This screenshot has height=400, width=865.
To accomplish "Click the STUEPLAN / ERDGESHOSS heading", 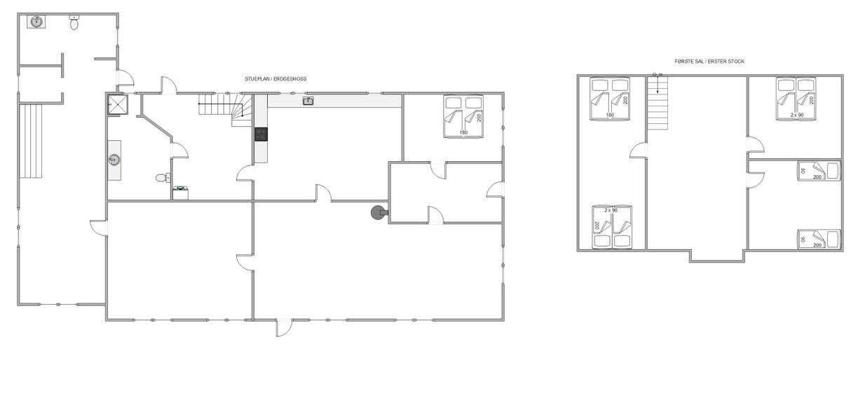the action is (275, 78).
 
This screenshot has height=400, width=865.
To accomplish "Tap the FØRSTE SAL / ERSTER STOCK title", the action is (709, 62).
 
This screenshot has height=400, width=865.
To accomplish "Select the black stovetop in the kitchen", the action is (261, 135).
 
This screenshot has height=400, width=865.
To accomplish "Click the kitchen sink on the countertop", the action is (308, 101).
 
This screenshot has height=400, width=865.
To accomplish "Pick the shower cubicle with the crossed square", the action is (118, 104).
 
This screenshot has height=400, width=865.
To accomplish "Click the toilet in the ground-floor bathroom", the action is (163, 178).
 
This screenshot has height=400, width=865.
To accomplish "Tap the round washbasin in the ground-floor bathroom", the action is (114, 160).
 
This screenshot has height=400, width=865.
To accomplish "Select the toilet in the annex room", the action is (74, 23).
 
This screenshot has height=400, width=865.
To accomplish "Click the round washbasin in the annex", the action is (36, 22).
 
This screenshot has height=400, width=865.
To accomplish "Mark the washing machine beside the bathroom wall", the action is (180, 193).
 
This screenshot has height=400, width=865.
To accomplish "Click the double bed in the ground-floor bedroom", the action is (463, 116).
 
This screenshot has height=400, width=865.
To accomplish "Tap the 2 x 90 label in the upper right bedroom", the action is (796, 115).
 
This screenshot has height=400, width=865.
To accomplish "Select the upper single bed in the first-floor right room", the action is (819, 171).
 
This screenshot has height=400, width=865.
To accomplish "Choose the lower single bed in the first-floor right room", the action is (819, 240).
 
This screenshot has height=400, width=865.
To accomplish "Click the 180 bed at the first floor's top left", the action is (610, 99).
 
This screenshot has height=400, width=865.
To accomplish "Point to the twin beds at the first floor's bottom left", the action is (612, 227).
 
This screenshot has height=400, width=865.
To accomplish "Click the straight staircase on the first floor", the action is (658, 103).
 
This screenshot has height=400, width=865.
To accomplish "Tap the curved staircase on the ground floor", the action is (226, 110).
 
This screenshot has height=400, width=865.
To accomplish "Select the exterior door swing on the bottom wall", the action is (284, 328).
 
